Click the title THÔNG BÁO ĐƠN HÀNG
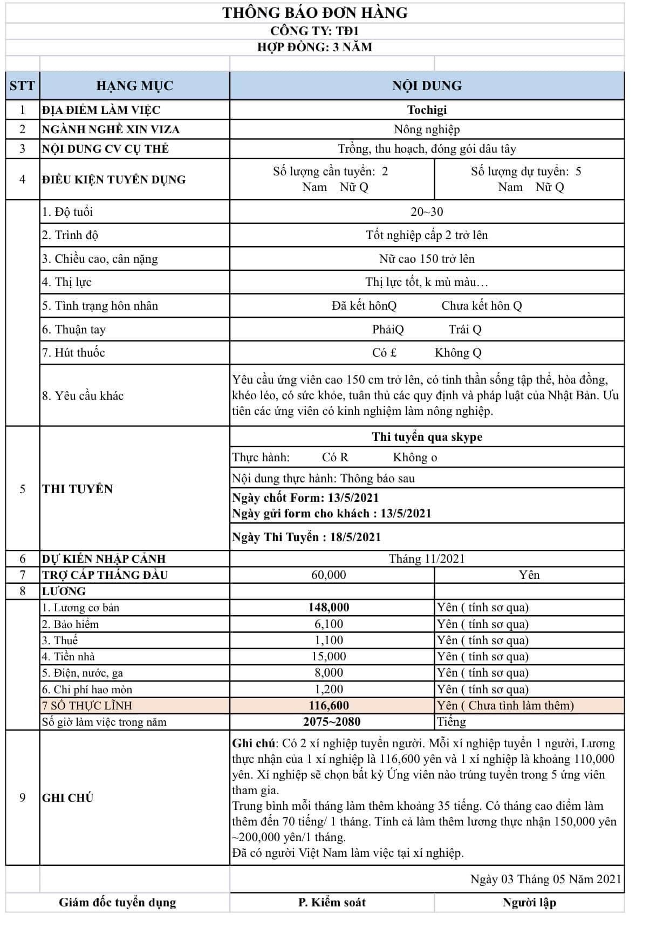tap(315, 13)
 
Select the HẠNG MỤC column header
tap(134, 86)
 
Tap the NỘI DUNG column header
tap(427, 86)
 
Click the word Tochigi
tap(427, 110)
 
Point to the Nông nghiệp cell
tap(427, 129)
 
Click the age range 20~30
tap(427, 211)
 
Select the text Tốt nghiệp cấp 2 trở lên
tap(427, 235)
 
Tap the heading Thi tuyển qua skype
tap(427, 437)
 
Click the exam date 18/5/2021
tap(354, 537)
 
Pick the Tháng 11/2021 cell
tap(427, 559)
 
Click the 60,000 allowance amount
tap(329, 575)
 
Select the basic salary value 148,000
tap(329, 608)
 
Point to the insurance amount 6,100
tap(329, 624)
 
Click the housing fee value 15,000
tap(329, 657)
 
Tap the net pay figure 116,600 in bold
tap(329, 706)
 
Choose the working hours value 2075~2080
tap(332, 722)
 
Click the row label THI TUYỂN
tap(78, 489)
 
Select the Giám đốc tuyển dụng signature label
tap(118, 903)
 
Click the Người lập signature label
tap(529, 903)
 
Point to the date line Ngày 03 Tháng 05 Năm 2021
tap(545, 879)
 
